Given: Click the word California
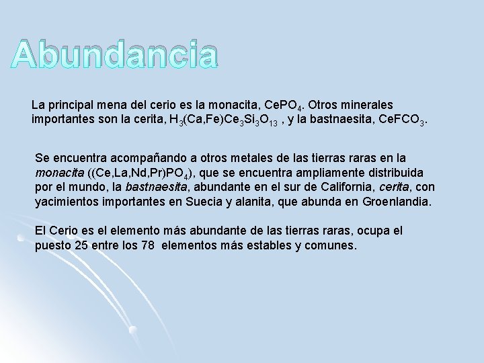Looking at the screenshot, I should point(342,186).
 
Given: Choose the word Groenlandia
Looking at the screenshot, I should point(400,201).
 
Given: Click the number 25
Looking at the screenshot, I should point(81,245).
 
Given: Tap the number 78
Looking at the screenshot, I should point(149,245).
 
